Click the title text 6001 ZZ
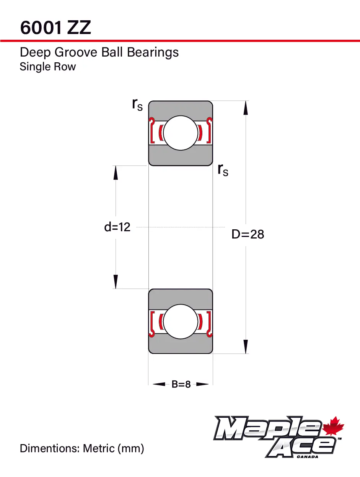pyautogui.click(x=55, y=28)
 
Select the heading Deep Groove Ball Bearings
pyautogui.click(x=99, y=52)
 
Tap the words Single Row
pyautogui.click(x=47, y=67)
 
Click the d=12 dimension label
pyautogui.click(x=117, y=227)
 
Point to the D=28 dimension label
pyautogui.click(x=248, y=234)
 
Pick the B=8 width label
pyautogui.click(x=181, y=385)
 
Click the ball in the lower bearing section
pyautogui.click(x=181, y=321)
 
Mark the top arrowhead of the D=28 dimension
pyautogui.click(x=246, y=108)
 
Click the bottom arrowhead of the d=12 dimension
pyautogui.click(x=116, y=282)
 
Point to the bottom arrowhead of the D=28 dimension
pyautogui.click(x=246, y=347)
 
